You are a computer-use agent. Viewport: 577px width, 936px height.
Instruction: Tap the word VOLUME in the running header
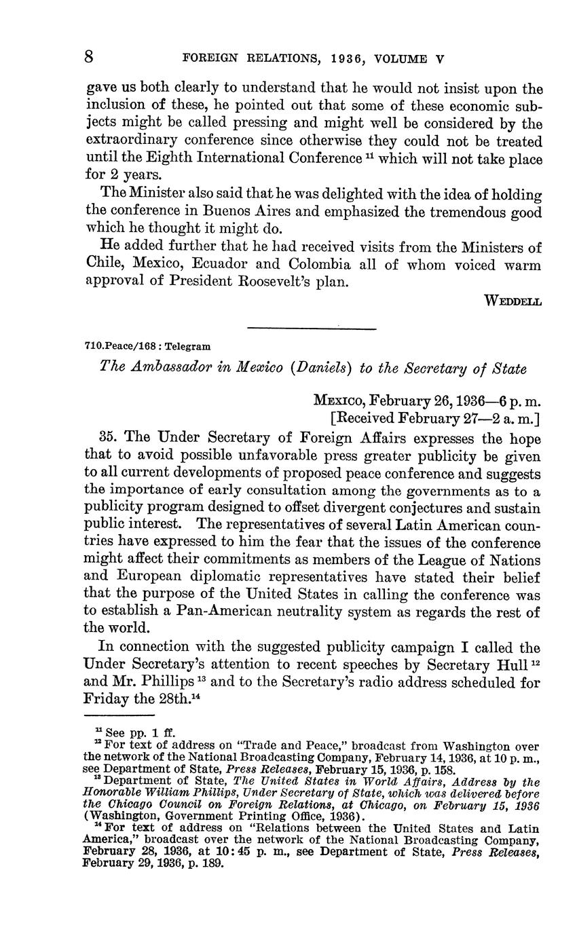405,59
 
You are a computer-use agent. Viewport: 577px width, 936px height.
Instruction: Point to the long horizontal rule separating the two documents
312,329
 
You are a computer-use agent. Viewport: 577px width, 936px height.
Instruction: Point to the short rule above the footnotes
119,716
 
